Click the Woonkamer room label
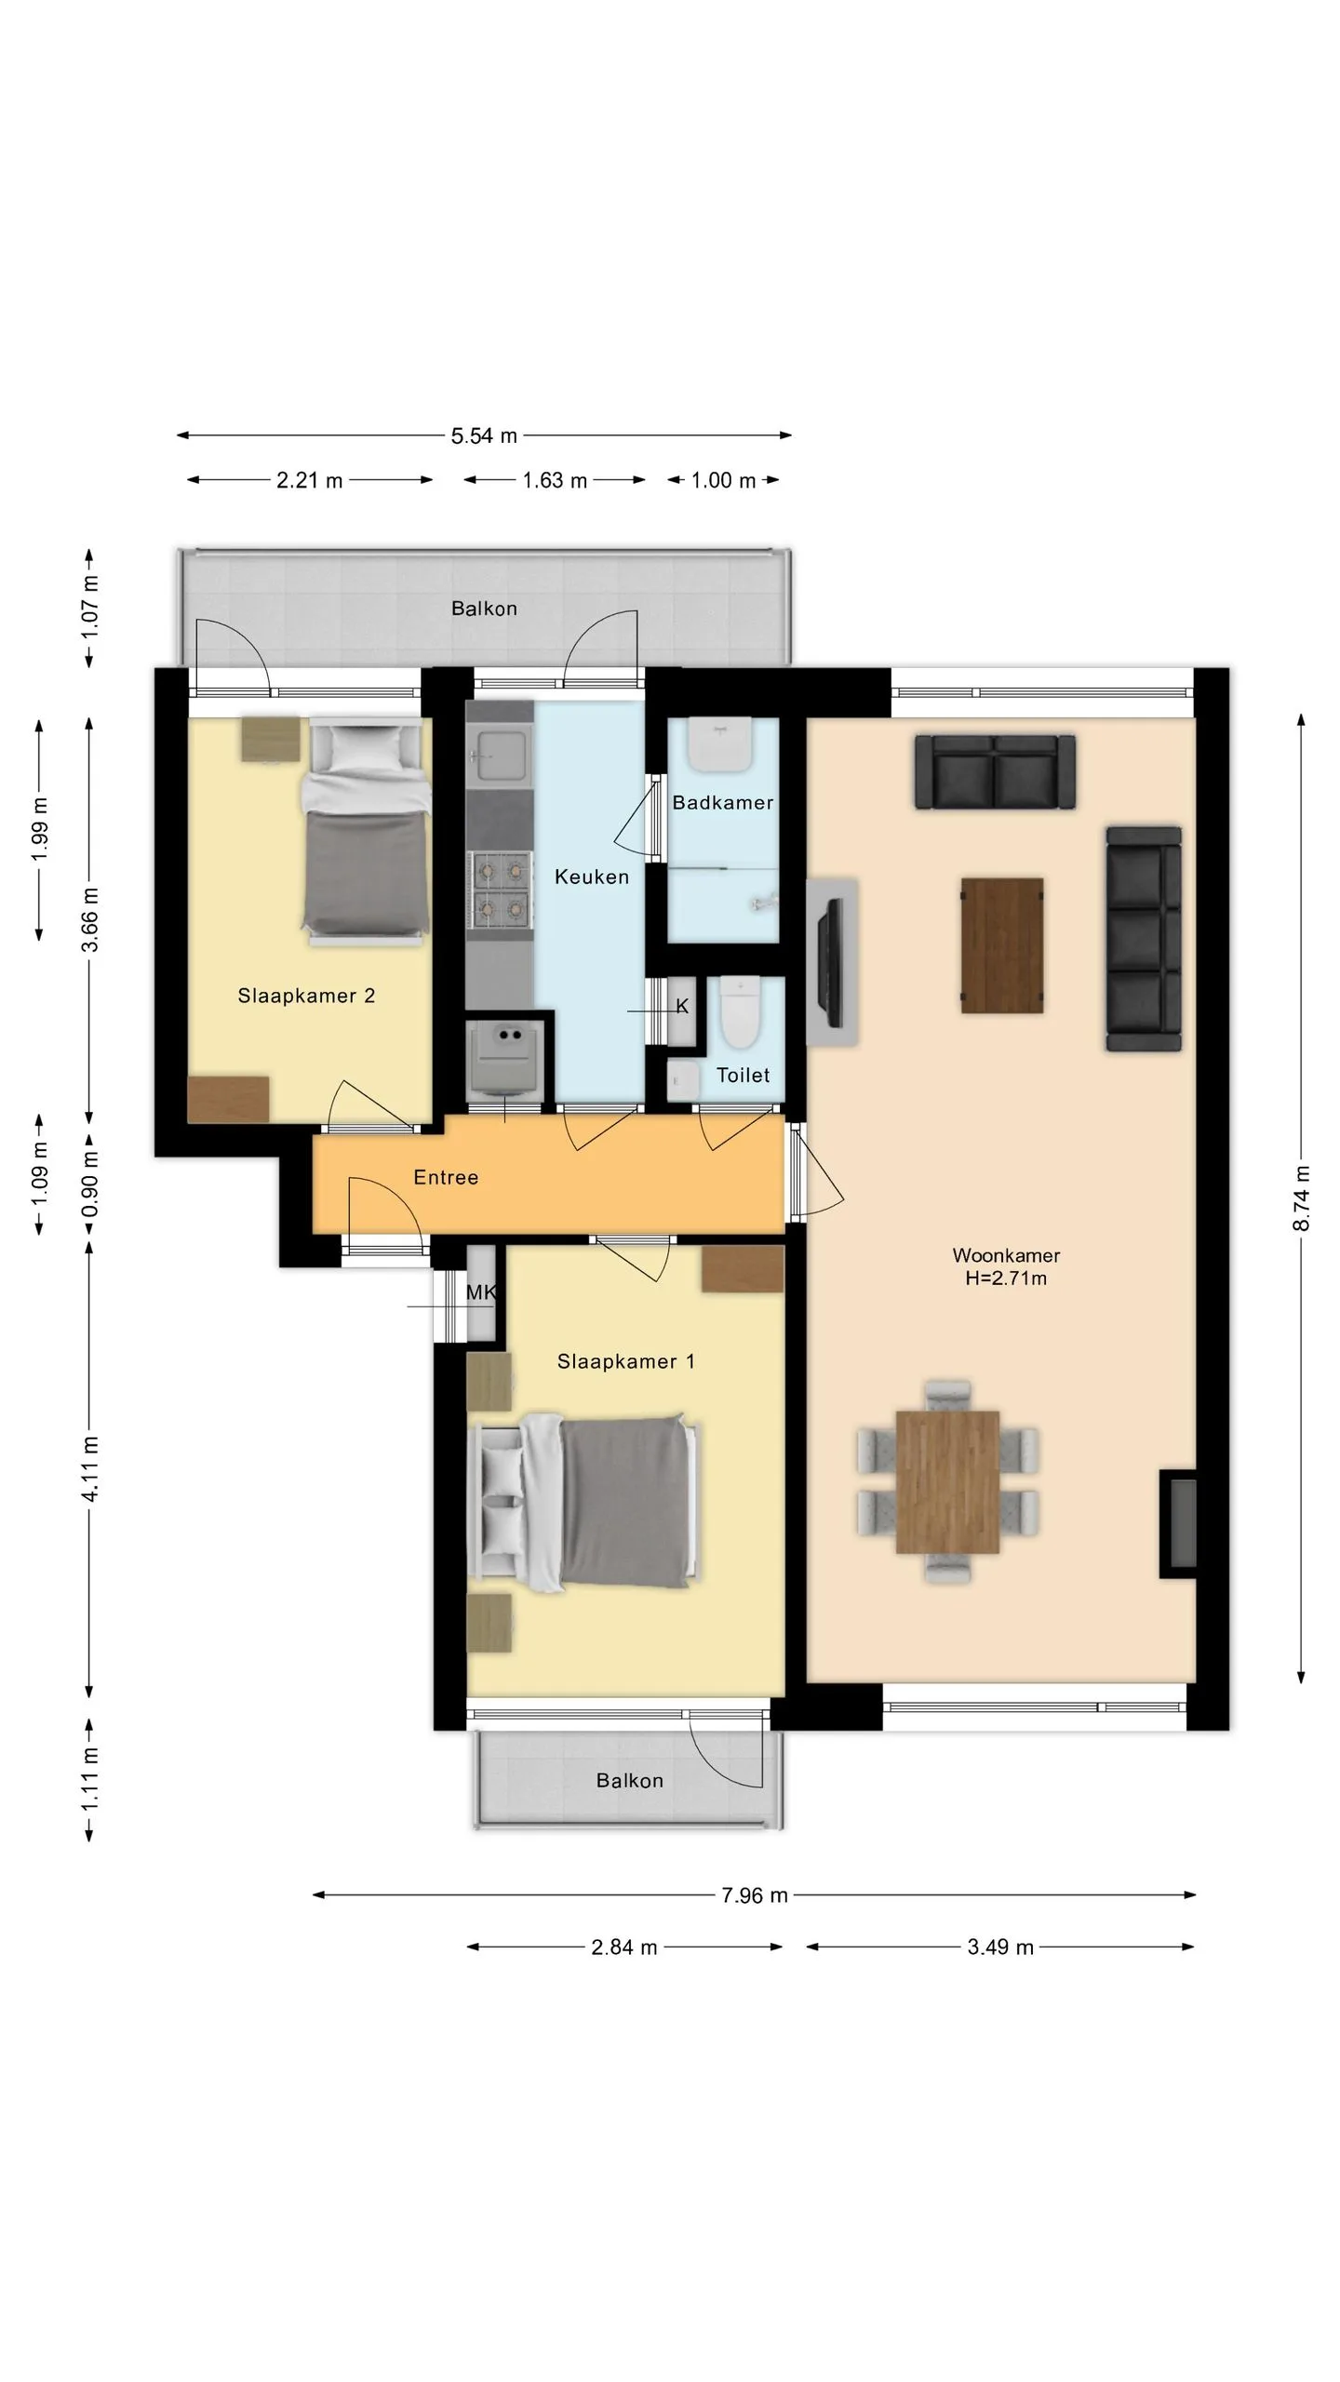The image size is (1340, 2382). pos(1006,1255)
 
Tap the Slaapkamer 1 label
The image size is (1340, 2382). pos(625,1361)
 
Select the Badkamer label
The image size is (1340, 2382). pos(723,802)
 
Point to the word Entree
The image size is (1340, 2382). pos(446,1177)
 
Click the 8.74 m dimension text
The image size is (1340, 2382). pos(1301,1198)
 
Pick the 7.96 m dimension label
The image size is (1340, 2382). pos(755,1895)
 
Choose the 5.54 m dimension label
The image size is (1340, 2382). pos(484,435)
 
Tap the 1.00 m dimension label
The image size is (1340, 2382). pos(723,480)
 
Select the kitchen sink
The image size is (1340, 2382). pos(500,754)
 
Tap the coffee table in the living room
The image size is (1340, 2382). pos(1002,944)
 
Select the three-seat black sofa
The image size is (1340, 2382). pos(1144,938)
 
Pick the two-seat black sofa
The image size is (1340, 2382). pos(995,771)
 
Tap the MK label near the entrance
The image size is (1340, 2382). pos(481,1292)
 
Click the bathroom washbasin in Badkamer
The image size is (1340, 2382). pos(719,745)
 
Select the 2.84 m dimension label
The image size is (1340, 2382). pos(624,1947)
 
